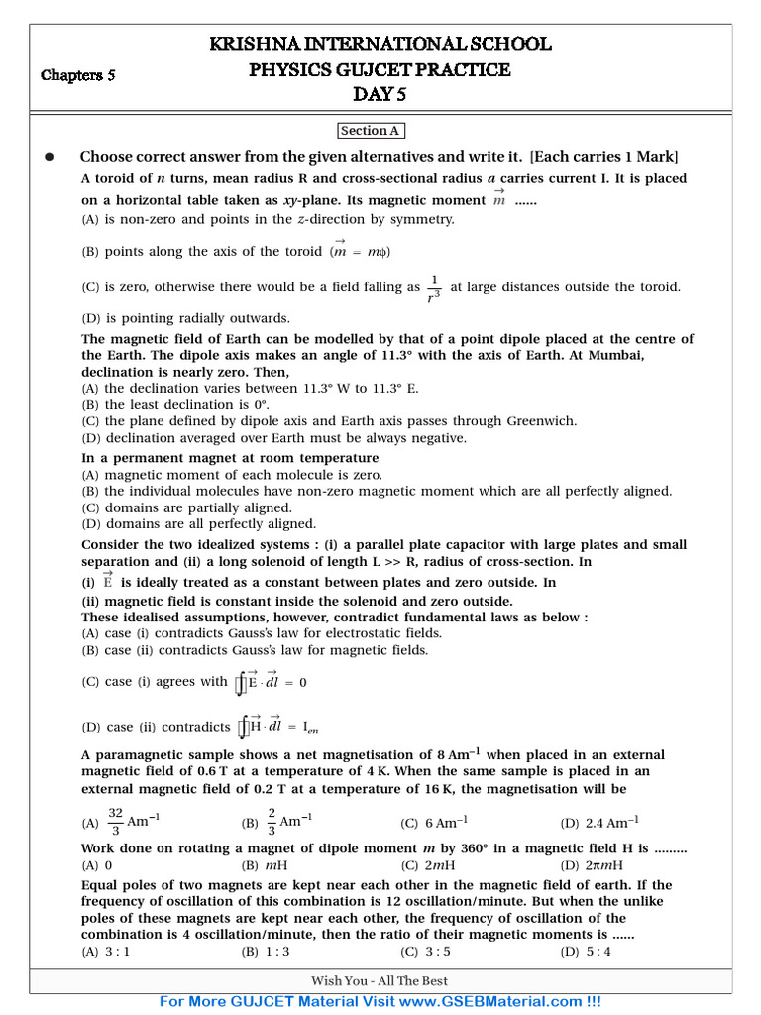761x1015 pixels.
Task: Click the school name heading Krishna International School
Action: pyautogui.click(x=380, y=44)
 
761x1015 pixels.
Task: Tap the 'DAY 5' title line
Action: pyautogui.click(x=380, y=95)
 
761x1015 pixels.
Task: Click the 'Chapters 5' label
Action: pyautogui.click(x=78, y=74)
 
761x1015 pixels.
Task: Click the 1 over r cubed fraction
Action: pyautogui.click(x=433, y=288)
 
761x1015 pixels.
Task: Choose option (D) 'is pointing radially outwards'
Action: pyautogui.click(x=185, y=318)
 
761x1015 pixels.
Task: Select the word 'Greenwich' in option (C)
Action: pyautogui.click(x=534, y=421)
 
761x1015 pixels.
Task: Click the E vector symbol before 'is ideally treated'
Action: pyautogui.click(x=107, y=581)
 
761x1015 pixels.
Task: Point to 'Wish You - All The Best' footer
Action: pyautogui.click(x=380, y=981)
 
